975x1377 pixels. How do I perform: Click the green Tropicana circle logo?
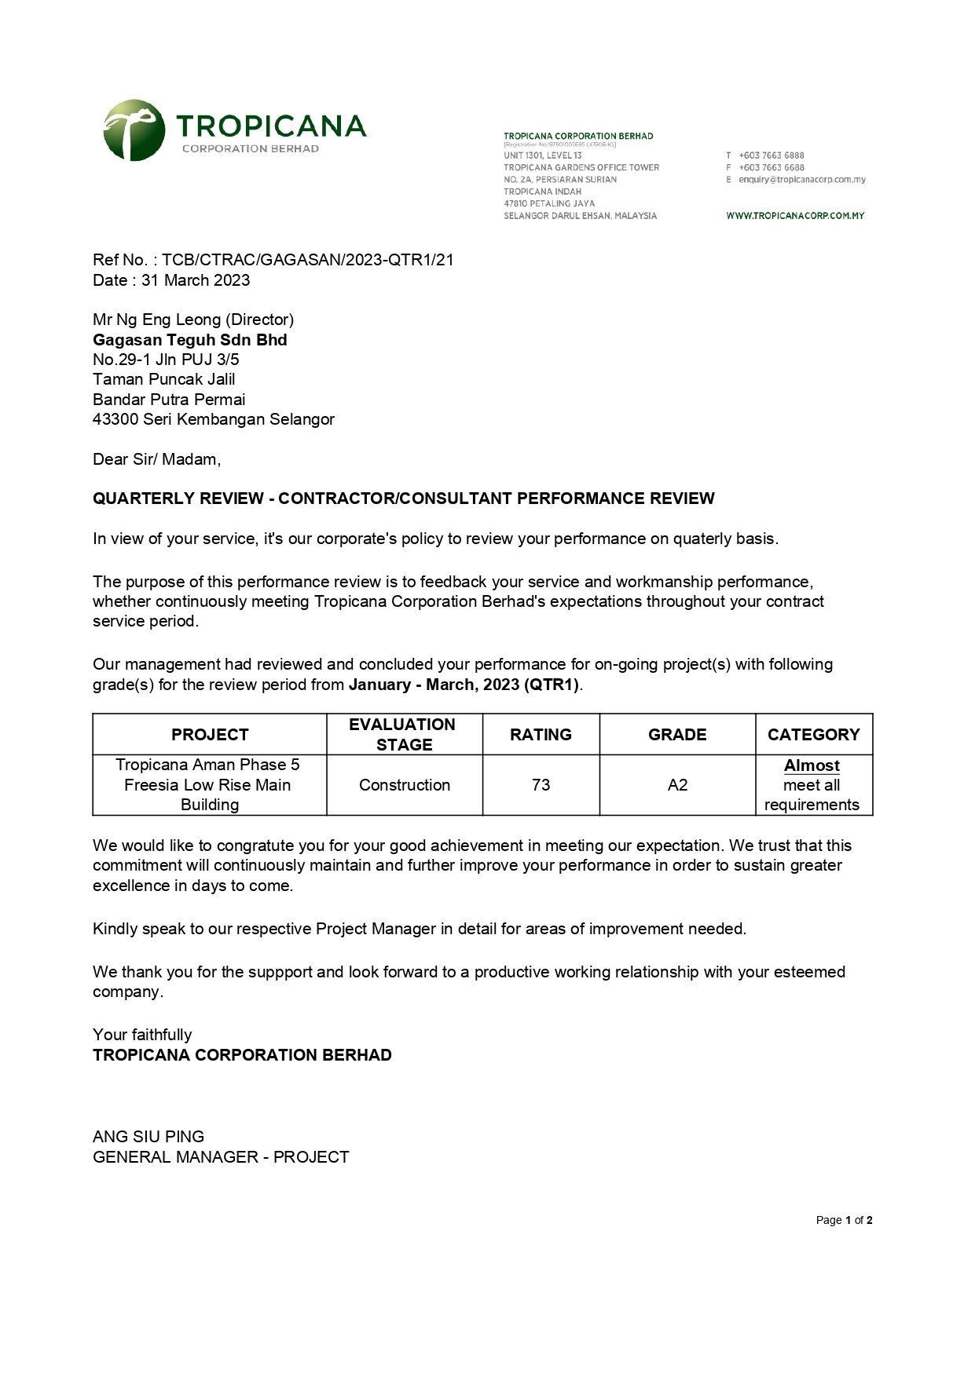pyautogui.click(x=134, y=130)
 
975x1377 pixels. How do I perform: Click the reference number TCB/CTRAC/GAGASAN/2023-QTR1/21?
pyautogui.click(x=308, y=260)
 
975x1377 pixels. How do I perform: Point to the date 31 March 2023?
pyautogui.click(x=196, y=280)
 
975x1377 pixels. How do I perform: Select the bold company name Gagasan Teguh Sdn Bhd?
pyautogui.click(x=190, y=340)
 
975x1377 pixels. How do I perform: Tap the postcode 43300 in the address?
pyautogui.click(x=115, y=419)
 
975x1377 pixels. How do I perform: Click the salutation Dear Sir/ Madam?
pyautogui.click(x=156, y=459)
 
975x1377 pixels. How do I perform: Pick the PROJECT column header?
pyautogui.click(x=210, y=735)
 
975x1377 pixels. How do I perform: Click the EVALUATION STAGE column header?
pyautogui.click(x=404, y=735)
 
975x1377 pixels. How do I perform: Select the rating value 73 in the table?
pyautogui.click(x=541, y=785)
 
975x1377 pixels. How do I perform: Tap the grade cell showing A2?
pyautogui.click(x=677, y=785)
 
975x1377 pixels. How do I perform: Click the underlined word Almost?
pyautogui.click(x=812, y=765)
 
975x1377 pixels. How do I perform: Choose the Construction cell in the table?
pyautogui.click(x=404, y=785)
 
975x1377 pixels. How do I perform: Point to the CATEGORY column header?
pyautogui.click(x=813, y=735)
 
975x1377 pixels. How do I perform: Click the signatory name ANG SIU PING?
pyautogui.click(x=148, y=1137)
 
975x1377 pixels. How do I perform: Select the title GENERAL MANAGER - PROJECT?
pyautogui.click(x=221, y=1157)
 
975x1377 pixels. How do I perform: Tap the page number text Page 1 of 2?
pyautogui.click(x=844, y=1220)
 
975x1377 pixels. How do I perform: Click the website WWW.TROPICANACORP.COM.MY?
pyautogui.click(x=795, y=216)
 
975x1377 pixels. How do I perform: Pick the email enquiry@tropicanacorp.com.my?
pyautogui.click(x=801, y=180)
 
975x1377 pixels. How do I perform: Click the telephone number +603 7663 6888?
pyautogui.click(x=771, y=155)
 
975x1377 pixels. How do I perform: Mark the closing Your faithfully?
pyautogui.click(x=142, y=1035)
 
